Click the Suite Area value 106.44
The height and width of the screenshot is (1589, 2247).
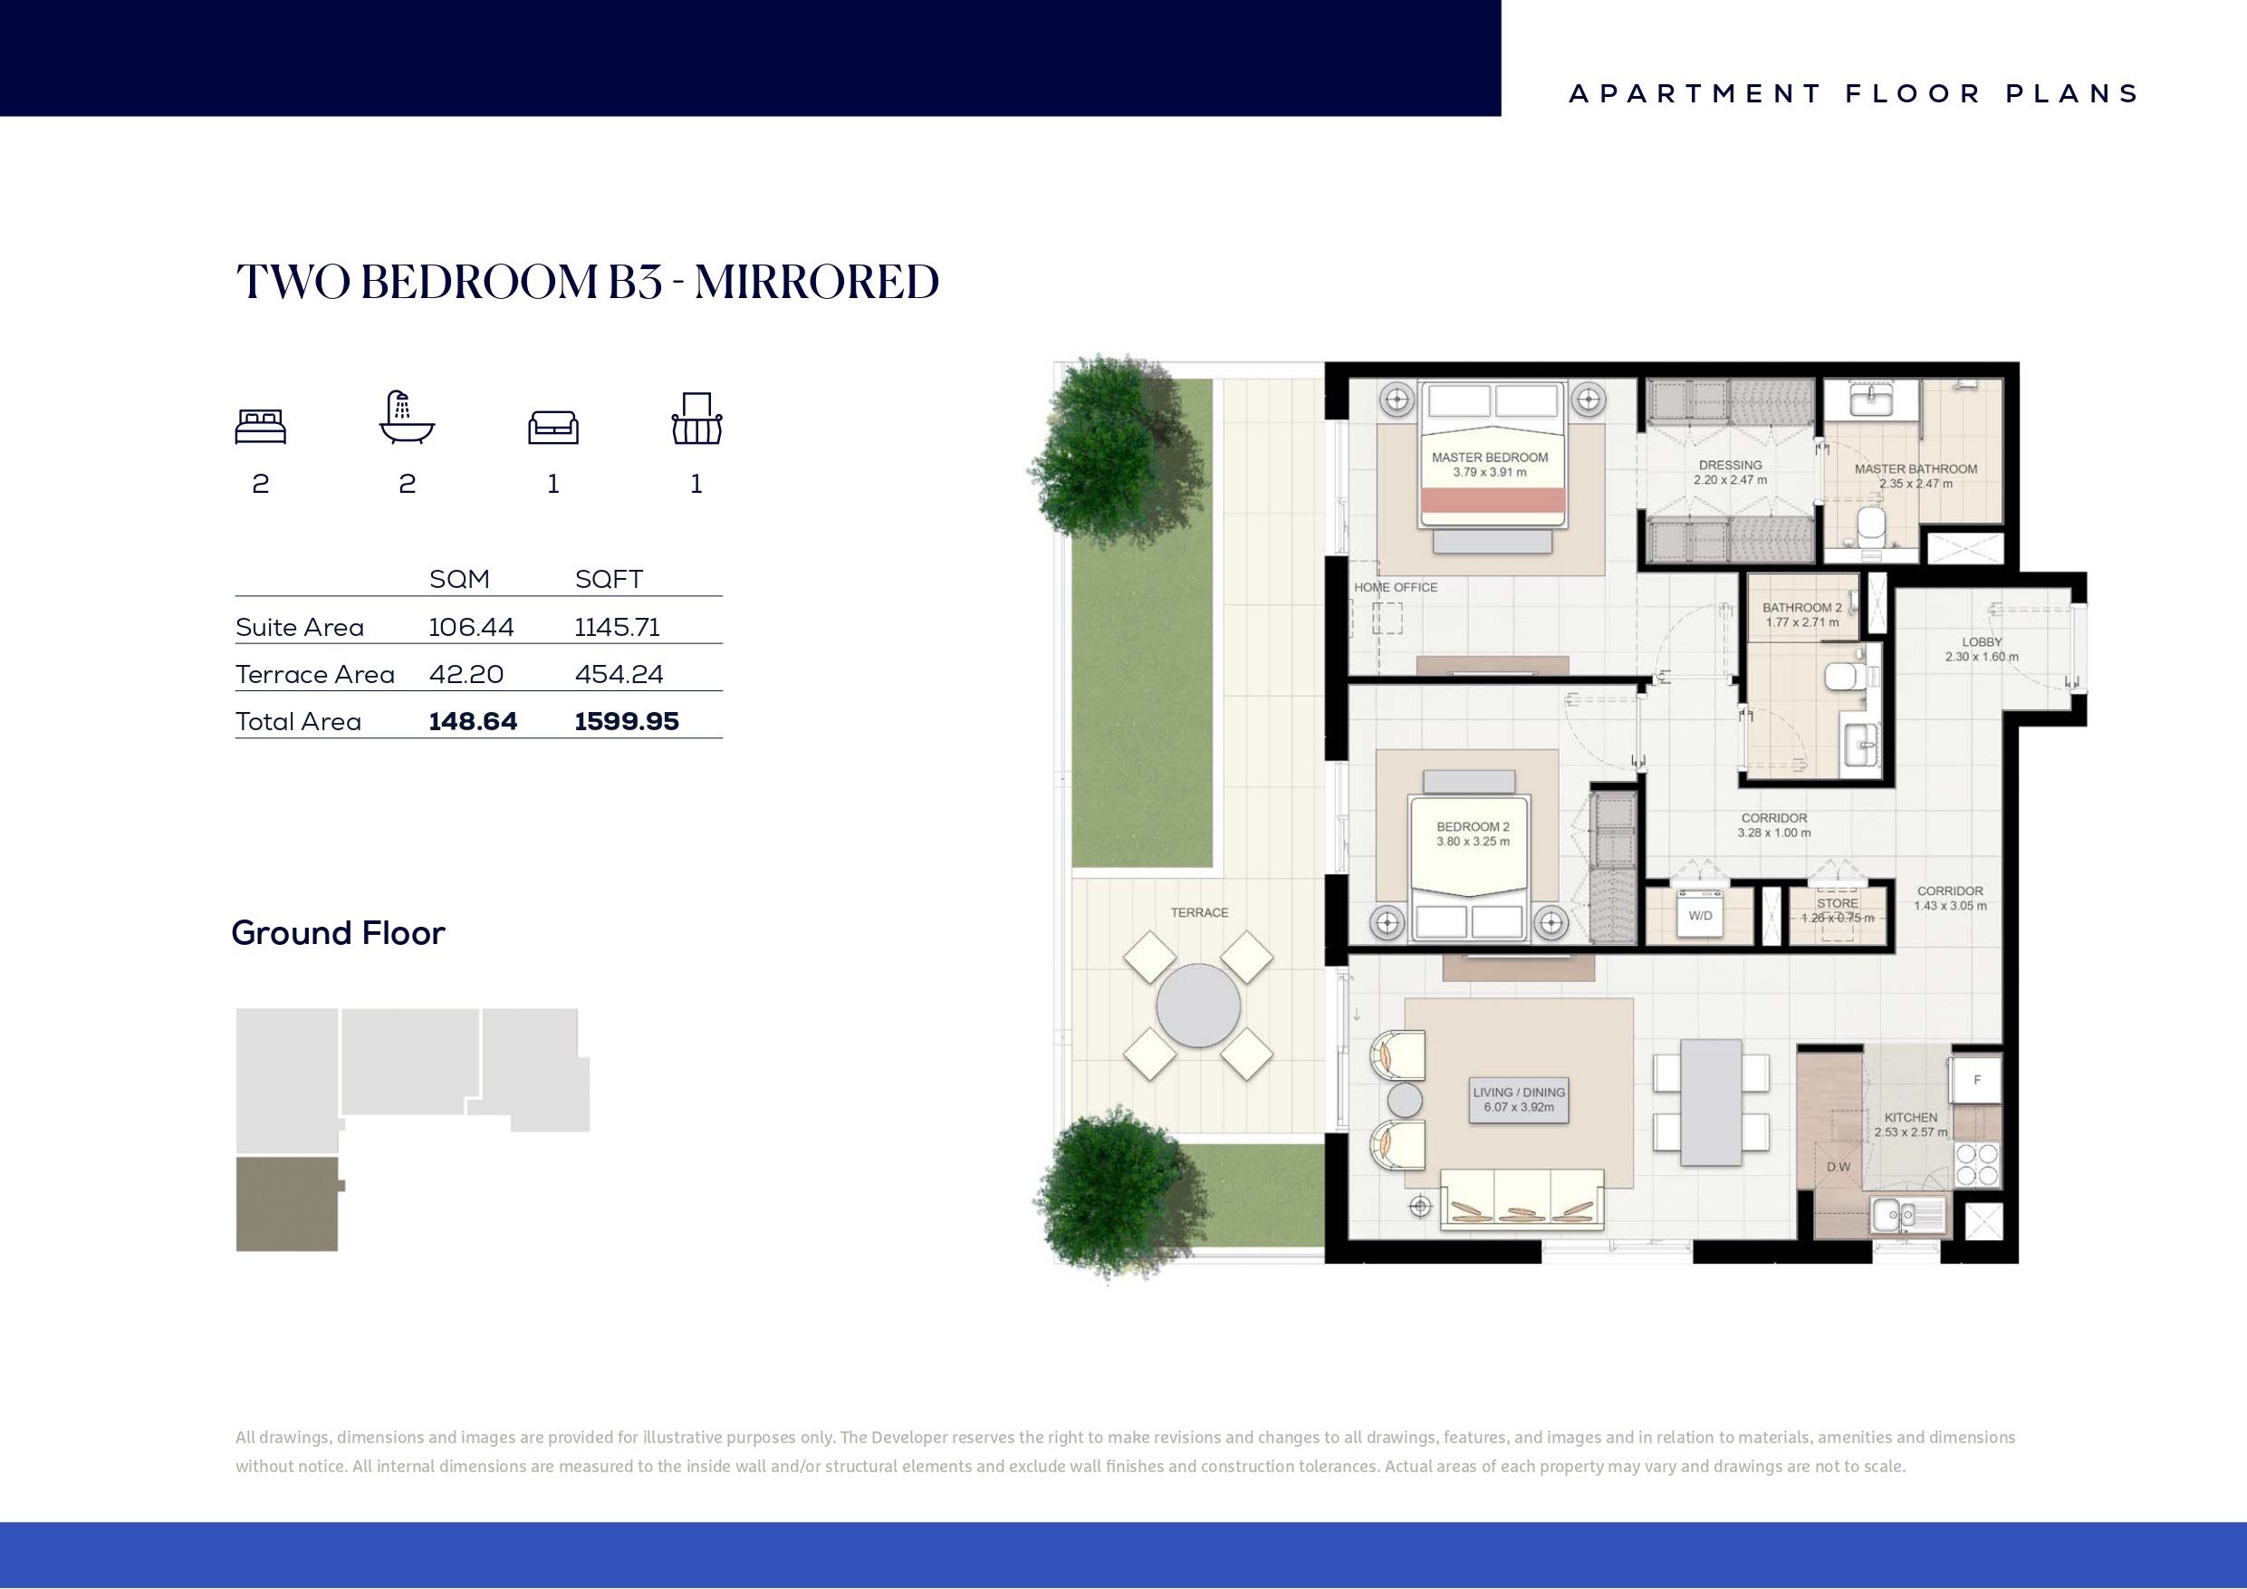click(471, 628)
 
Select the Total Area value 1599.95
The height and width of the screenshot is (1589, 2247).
click(627, 721)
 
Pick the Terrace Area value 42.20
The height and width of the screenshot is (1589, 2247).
click(466, 675)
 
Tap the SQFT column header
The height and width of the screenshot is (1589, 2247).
click(609, 580)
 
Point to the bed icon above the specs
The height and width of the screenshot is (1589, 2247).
click(260, 427)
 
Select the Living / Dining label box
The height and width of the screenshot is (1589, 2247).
click(1519, 1100)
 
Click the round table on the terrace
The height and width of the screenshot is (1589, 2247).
click(1198, 1006)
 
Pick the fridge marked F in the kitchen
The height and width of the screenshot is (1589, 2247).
click(1976, 1080)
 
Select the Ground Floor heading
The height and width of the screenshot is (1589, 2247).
click(338, 933)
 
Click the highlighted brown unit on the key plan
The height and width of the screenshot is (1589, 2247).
click(288, 1204)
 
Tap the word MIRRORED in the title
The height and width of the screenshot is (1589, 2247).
click(816, 282)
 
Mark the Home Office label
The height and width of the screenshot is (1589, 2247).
click(1396, 587)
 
